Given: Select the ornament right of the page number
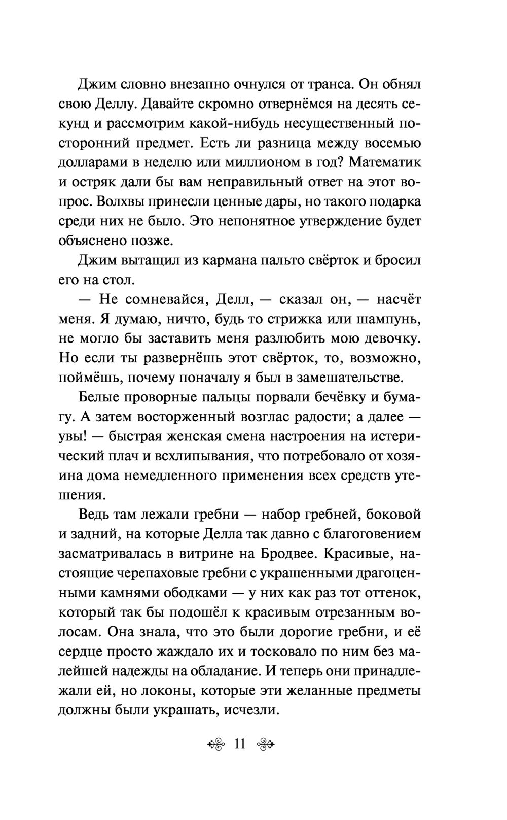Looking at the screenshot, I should [266, 745].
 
